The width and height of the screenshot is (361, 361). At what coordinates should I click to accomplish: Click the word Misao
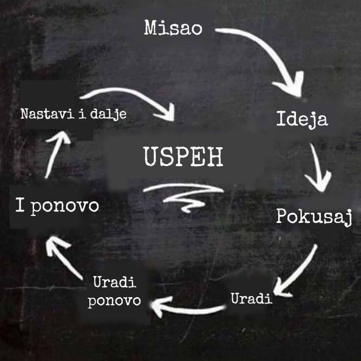[173, 28]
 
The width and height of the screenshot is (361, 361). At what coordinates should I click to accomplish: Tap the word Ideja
[302, 119]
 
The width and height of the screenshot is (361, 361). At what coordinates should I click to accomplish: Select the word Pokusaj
[314, 218]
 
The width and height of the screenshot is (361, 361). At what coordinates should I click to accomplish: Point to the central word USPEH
[183, 156]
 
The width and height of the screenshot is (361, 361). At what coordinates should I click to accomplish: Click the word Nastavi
[47, 114]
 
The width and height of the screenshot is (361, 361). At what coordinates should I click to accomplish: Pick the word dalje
[108, 114]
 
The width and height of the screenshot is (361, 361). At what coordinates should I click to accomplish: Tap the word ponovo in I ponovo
[65, 207]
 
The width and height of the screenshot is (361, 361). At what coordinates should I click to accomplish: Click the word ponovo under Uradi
[114, 301]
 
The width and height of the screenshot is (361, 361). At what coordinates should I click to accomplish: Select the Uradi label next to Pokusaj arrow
[252, 298]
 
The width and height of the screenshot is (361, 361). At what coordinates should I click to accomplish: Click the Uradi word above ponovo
[115, 282]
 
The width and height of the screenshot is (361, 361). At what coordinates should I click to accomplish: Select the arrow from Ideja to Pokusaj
[317, 168]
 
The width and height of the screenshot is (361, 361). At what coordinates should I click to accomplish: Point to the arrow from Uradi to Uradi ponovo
[189, 311]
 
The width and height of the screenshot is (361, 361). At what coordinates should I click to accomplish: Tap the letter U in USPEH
[152, 156]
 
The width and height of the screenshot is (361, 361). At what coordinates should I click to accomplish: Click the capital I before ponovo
[20, 205]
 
